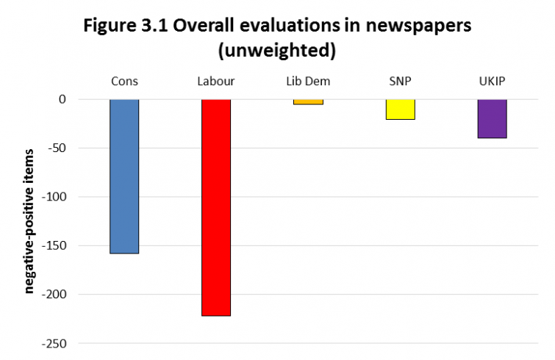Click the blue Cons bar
tap(124, 176)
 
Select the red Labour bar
tap(216, 207)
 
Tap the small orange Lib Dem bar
tap(308, 102)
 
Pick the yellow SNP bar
tap(400, 109)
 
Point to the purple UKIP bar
tap(492, 118)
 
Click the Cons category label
tap(124, 80)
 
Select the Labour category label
tap(216, 80)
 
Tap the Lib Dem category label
tap(308, 80)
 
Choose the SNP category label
tap(400, 80)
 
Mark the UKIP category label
tap(492, 80)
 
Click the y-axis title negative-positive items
tap(29, 220)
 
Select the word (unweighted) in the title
tap(277, 51)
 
